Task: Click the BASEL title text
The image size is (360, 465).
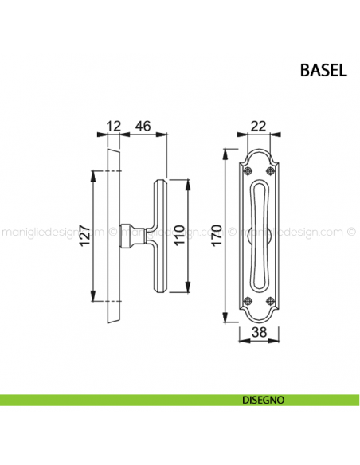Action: coord(323,70)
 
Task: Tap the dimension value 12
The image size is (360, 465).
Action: coord(112,125)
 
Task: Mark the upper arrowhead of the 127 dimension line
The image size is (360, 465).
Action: coord(95,173)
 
